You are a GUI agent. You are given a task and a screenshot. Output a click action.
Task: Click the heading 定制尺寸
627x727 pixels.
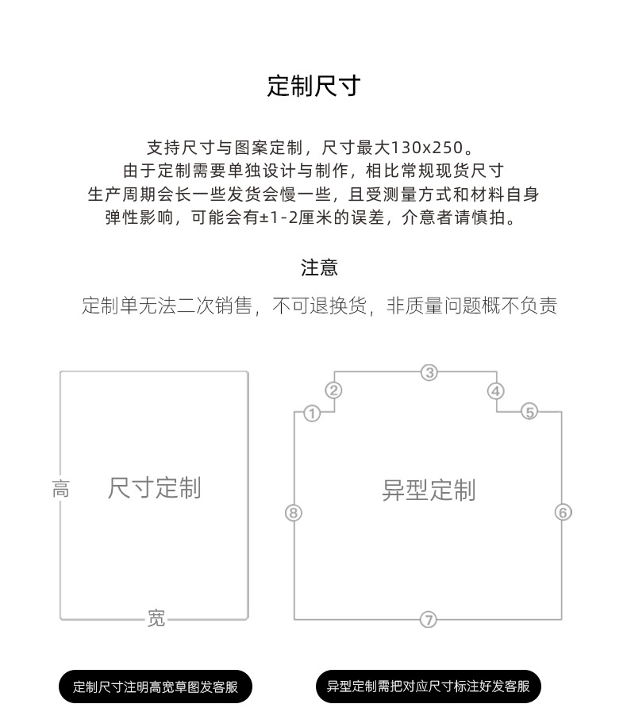(x=313, y=86)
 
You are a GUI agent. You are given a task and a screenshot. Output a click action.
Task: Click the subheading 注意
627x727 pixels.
(x=319, y=267)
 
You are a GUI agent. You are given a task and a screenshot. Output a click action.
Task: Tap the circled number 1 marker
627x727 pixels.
(x=312, y=414)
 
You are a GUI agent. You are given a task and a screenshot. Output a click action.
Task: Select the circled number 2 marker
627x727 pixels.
(x=334, y=390)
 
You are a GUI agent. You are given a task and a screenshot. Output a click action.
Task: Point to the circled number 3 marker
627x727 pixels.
(x=429, y=372)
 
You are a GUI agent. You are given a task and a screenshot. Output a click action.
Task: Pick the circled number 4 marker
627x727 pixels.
(x=496, y=390)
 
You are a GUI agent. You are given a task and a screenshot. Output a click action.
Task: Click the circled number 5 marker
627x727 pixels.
(x=529, y=411)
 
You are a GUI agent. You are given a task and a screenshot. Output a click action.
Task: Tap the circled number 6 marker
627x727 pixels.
(x=563, y=513)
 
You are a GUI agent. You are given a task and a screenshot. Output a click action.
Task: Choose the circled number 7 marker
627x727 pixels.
(x=429, y=620)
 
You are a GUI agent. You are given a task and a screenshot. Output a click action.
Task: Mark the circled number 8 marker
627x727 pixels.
(x=294, y=513)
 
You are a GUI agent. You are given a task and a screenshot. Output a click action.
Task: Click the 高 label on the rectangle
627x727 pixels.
(x=60, y=489)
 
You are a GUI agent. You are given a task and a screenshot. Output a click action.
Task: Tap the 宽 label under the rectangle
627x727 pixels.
(x=156, y=618)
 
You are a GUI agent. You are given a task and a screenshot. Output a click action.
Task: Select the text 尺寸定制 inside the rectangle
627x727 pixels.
(x=154, y=487)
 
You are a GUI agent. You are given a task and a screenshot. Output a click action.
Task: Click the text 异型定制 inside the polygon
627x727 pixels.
(x=429, y=490)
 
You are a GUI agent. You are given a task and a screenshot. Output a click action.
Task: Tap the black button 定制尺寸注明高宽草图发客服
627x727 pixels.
(x=156, y=687)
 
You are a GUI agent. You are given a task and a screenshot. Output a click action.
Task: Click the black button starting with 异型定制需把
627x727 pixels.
(x=429, y=687)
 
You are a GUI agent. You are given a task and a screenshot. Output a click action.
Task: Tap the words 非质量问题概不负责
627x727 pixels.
(x=471, y=306)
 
